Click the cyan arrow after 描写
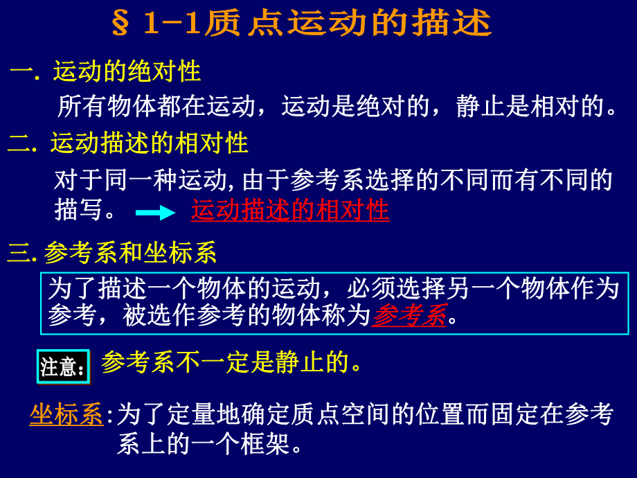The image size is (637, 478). coord(155,213)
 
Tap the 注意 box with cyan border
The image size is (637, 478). coord(63,366)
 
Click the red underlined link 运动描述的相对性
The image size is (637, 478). coord(290,211)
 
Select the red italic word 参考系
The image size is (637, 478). coord(409,316)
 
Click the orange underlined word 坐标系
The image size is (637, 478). coord(66,415)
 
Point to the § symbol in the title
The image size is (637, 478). coord(120,24)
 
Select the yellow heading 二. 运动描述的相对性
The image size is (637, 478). coord(128,143)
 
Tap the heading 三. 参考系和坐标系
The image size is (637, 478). coord(112,254)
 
